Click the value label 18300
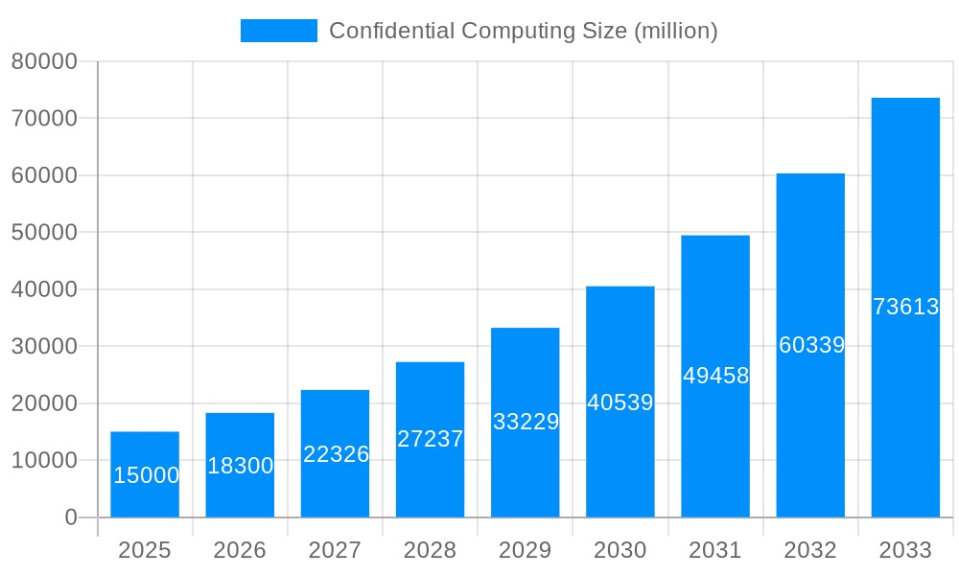tap(240, 466)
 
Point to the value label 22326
tap(336, 454)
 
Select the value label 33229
tap(526, 422)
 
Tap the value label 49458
tap(715, 376)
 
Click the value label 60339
tap(811, 345)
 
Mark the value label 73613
tap(905, 307)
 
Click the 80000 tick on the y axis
tap(44, 61)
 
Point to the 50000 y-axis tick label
tap(44, 233)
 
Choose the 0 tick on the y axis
tap(71, 517)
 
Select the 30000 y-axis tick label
tap(44, 346)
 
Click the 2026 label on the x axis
tap(240, 550)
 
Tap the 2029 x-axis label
tap(526, 550)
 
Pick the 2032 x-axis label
tap(810, 550)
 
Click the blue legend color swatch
tap(278, 31)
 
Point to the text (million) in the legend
tap(676, 31)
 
